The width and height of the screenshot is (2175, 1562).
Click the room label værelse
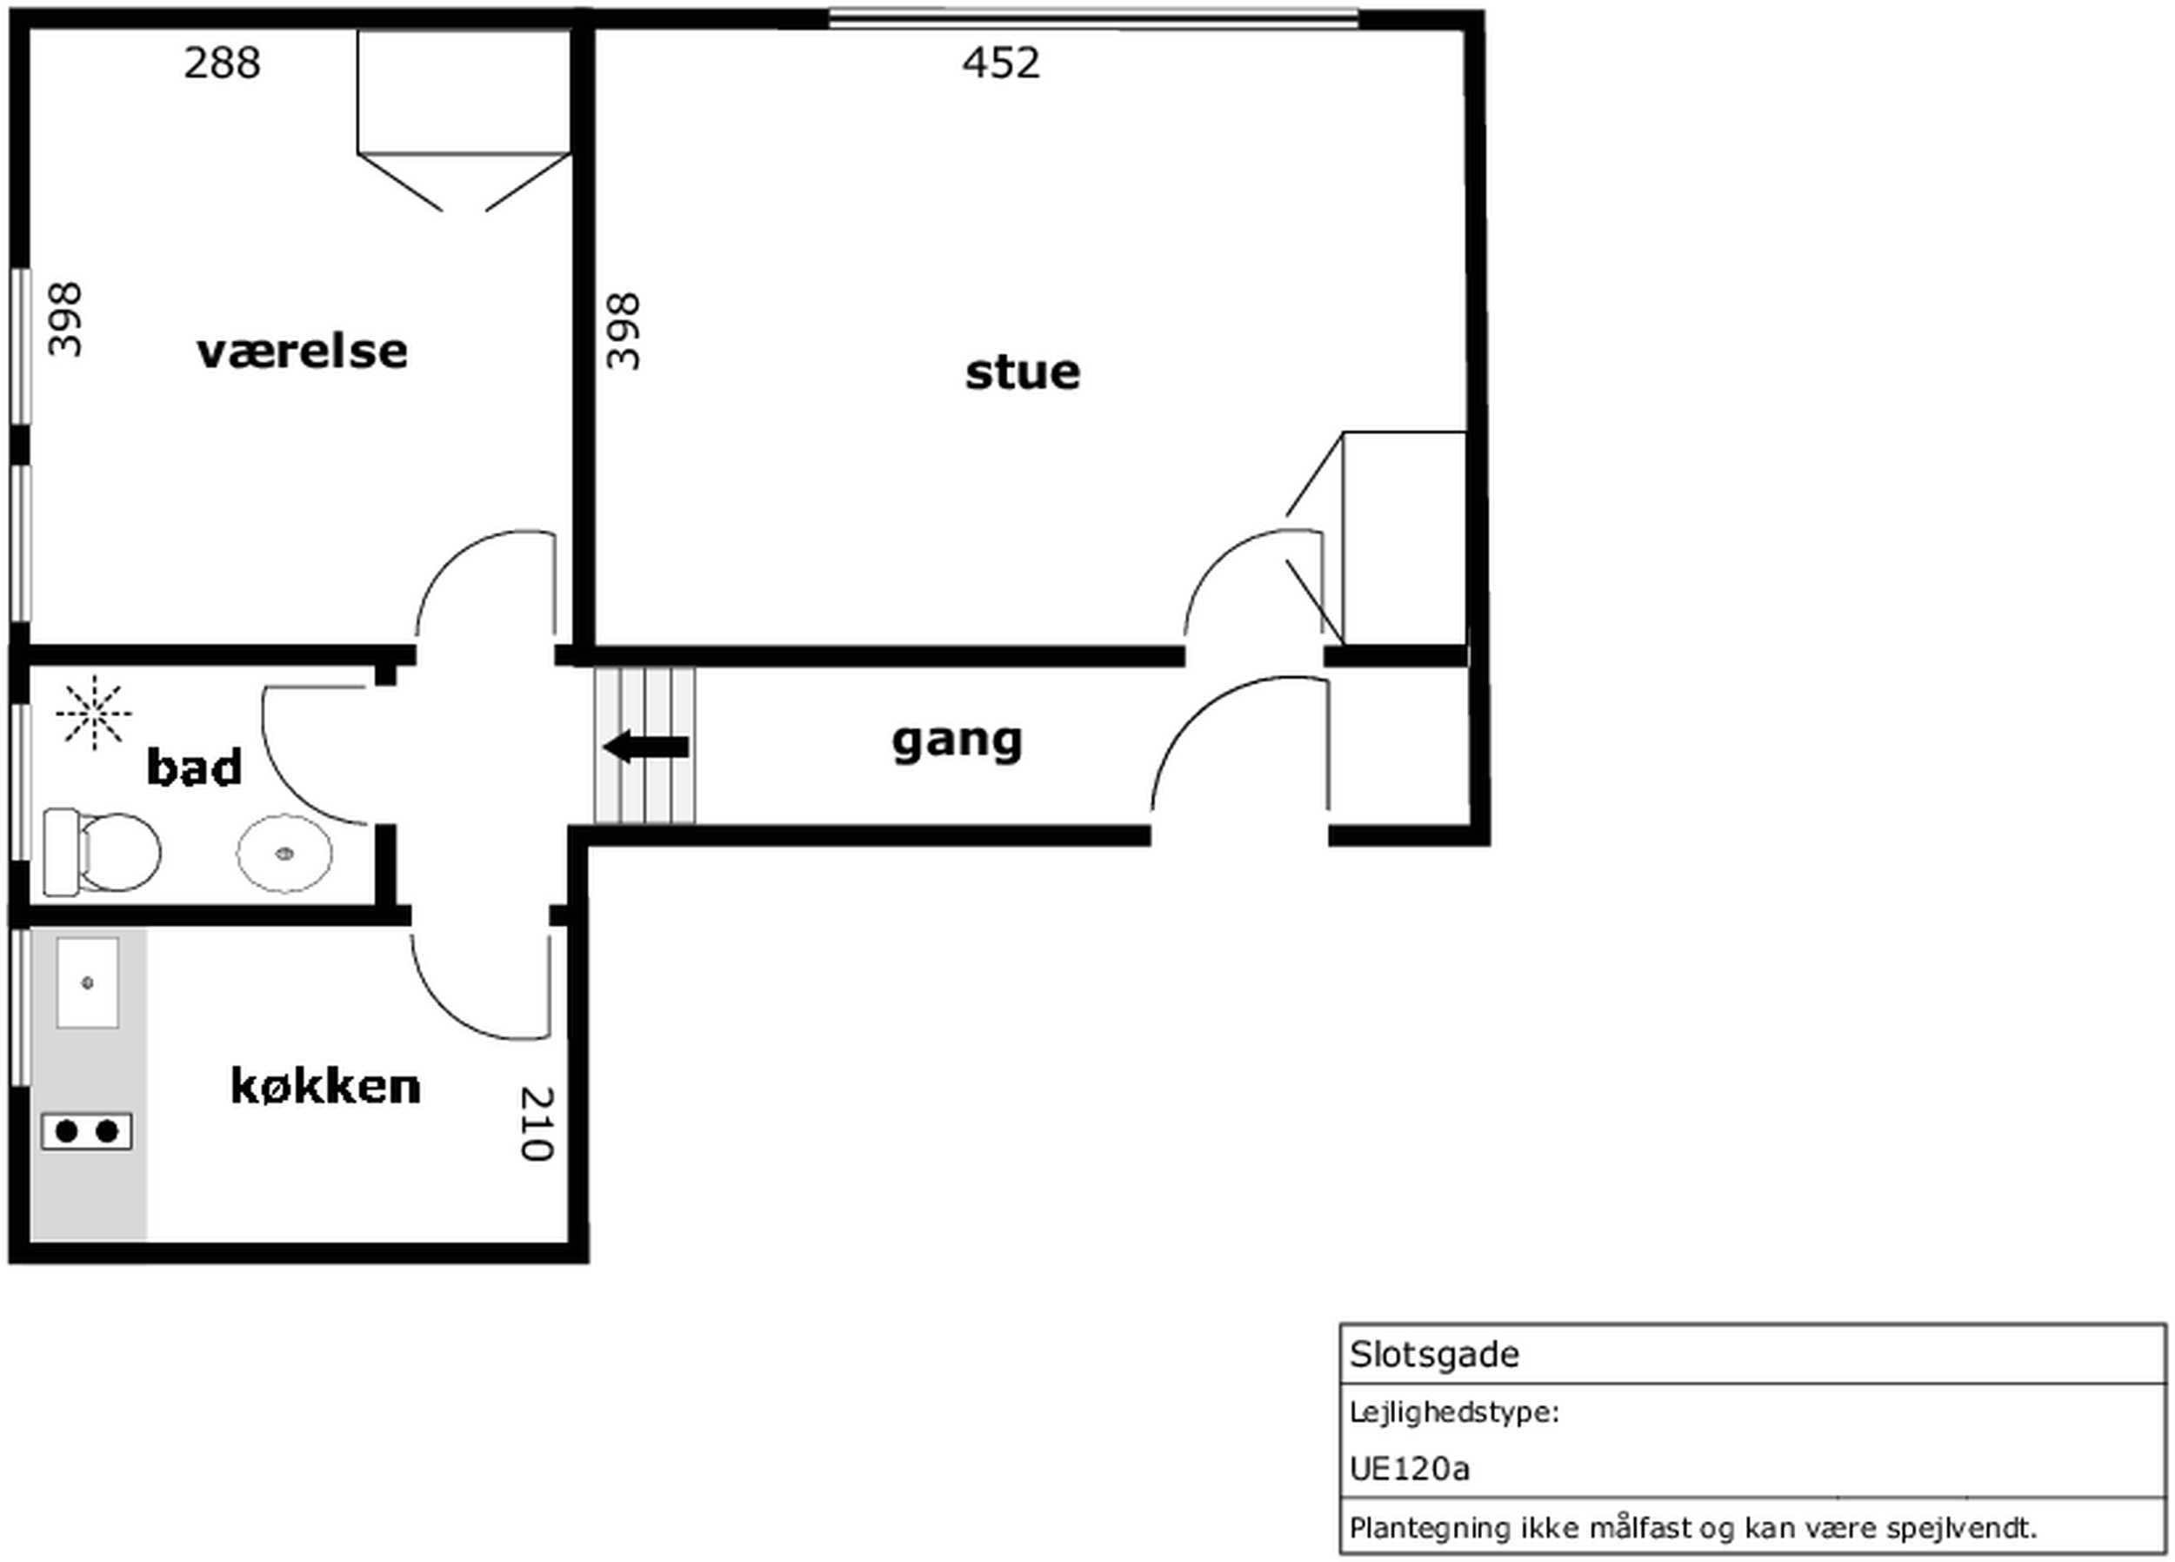302,352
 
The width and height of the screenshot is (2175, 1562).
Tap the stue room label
1023,372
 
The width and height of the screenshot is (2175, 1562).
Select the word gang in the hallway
957,741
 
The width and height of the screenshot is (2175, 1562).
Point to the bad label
194,768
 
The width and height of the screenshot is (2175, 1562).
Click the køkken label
325,1086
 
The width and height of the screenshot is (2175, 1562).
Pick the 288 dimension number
222,64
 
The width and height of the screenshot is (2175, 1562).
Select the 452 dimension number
1000,64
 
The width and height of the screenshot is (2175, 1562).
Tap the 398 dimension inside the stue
624,331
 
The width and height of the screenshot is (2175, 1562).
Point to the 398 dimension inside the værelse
65,319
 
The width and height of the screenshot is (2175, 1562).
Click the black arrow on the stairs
645,747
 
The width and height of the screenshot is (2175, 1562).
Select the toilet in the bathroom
102,852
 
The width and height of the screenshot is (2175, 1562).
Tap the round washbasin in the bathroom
285,853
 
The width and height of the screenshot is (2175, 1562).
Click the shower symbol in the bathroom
94,713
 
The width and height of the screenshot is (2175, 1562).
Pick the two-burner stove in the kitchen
86,1132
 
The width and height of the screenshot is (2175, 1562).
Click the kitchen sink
87,983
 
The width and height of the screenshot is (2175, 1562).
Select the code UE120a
1409,1469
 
